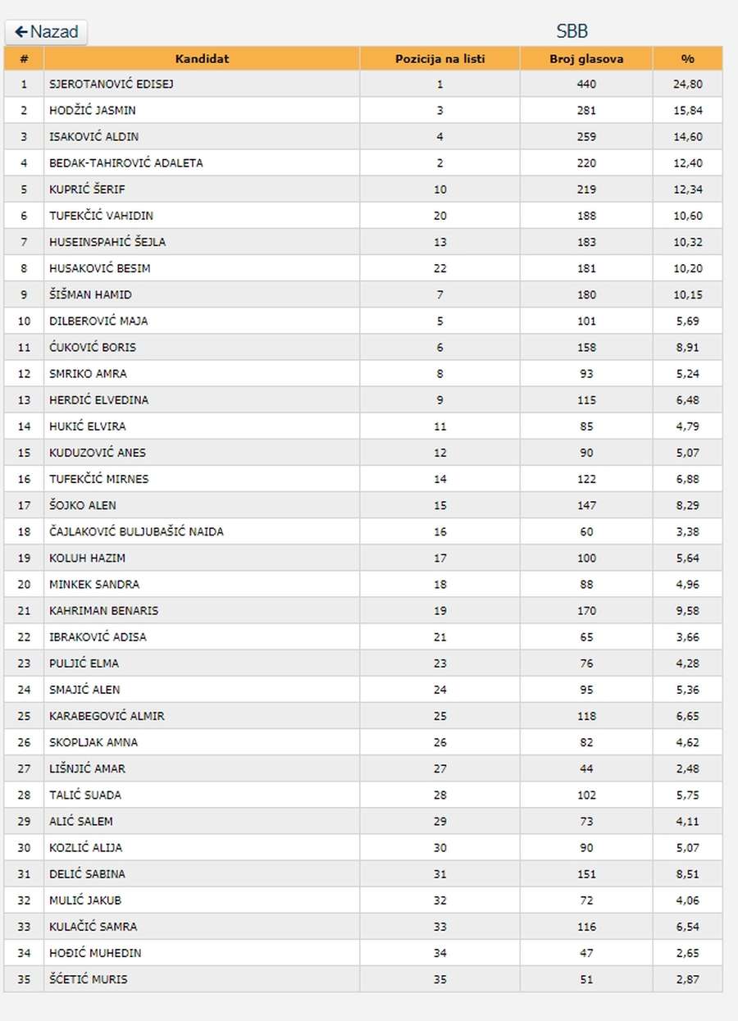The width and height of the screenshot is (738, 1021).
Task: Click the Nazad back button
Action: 46,32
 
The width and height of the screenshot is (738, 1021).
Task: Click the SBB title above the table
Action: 572,32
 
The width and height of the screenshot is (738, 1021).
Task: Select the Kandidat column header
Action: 202,58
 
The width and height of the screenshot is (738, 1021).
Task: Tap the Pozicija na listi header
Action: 440,58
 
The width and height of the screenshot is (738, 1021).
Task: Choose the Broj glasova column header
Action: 586,58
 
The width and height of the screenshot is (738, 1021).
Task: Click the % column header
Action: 687,58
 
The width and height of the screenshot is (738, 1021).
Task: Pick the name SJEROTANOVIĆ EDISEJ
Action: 112,84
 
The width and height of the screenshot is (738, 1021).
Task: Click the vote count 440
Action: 586,84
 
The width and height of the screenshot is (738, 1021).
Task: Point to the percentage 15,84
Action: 687,110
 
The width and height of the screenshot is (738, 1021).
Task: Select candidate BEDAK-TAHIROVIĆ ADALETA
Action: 126,162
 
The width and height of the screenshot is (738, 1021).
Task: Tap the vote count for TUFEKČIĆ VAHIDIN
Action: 586,216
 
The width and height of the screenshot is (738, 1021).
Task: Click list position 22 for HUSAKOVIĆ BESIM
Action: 440,268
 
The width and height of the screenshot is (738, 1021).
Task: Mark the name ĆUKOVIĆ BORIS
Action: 93,347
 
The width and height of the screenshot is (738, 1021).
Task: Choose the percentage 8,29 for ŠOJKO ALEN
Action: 687,505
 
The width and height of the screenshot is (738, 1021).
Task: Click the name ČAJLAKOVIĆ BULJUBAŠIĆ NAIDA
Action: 136,531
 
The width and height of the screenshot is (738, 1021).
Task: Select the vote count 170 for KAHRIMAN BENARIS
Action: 586,610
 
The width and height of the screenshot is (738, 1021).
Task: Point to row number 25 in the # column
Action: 24,716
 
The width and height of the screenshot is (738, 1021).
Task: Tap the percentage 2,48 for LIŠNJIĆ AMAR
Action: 687,768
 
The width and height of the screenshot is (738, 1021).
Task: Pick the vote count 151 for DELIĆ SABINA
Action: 586,873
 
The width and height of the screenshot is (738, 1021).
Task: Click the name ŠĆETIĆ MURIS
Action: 89,979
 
